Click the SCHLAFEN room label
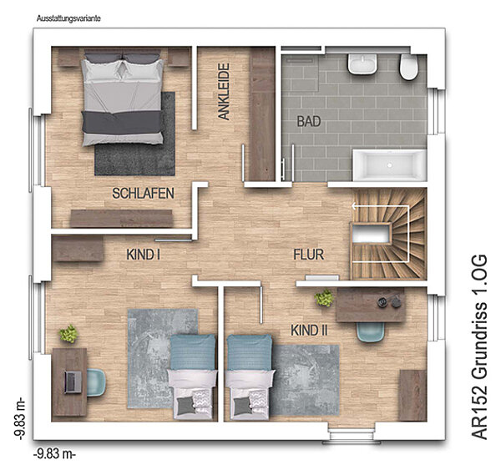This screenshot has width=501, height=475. pos(143,194)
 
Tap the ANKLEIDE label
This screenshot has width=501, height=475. pos(224,91)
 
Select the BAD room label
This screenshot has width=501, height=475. pos(309,121)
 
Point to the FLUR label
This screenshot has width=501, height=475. pos(309,255)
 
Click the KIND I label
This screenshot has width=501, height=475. pos(143,255)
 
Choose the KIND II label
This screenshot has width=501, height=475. pos(309,331)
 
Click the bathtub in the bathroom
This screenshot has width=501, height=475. pos(389,165)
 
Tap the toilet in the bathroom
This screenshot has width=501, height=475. pos(408,67)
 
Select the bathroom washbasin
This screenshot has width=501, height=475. pos(362,64)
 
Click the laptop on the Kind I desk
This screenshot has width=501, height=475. pos(73,382)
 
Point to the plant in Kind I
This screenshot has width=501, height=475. pos(68,334)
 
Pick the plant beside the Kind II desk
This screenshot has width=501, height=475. pos(324,298)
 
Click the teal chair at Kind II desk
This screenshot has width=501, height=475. pos(370,332)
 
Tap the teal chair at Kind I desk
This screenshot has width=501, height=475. pos(96,382)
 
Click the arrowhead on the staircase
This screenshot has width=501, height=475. pos(354,206)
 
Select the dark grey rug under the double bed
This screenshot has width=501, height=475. pos(135,134)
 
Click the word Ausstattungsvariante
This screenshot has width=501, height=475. pos(68,18)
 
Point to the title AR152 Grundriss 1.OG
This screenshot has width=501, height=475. pos(479,347)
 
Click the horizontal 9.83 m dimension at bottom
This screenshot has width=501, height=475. pos(54,453)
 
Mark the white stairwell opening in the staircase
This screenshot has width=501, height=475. pos(372,234)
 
